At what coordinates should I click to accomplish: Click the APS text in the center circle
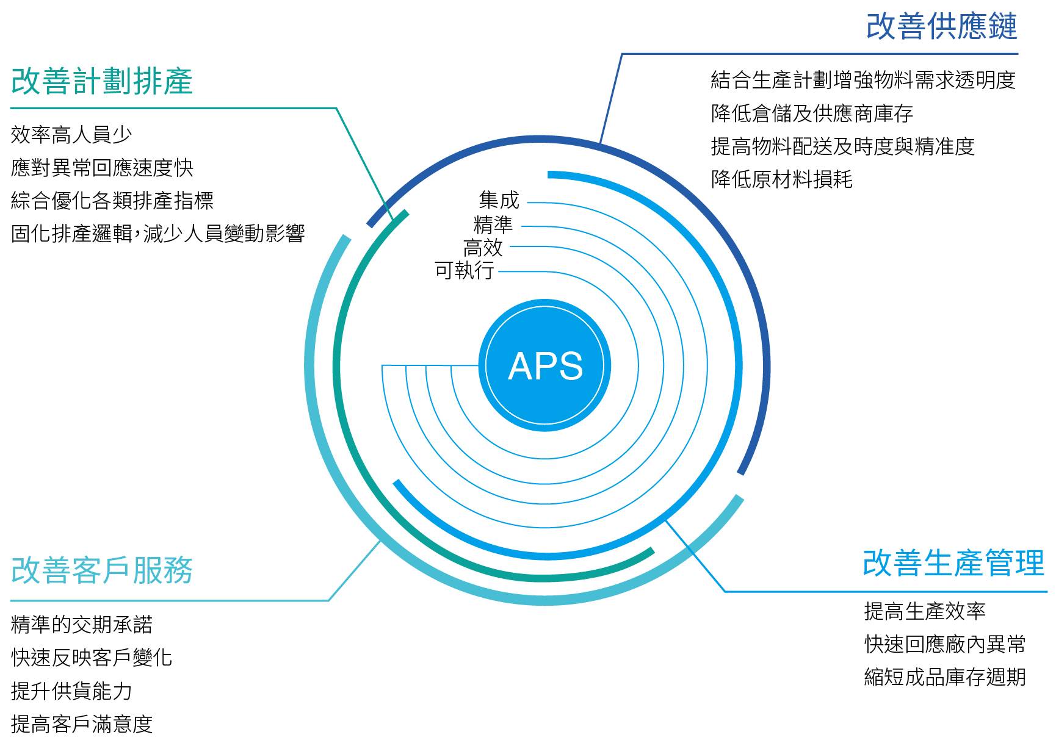click(x=545, y=366)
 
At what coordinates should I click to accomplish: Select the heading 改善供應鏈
click(x=941, y=27)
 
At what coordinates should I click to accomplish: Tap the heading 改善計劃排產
click(x=102, y=81)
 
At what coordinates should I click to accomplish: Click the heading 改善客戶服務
click(x=102, y=570)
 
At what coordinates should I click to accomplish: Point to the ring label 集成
click(x=499, y=200)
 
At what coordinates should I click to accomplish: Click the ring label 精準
click(x=493, y=224)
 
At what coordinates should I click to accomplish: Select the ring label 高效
click(x=483, y=248)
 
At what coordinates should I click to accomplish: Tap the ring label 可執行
click(x=464, y=270)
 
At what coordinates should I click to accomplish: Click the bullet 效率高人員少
click(x=71, y=135)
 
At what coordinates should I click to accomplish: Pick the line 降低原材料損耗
click(x=781, y=179)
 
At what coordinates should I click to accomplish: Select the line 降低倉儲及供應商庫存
click(x=812, y=113)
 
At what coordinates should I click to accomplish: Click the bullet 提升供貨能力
click(x=71, y=691)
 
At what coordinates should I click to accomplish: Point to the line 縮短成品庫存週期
click(x=944, y=677)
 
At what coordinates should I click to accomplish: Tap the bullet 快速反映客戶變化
click(x=92, y=658)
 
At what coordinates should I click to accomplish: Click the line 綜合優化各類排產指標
click(x=112, y=201)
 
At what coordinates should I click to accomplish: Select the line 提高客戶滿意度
click(x=82, y=724)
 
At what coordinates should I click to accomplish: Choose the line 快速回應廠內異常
click(x=944, y=644)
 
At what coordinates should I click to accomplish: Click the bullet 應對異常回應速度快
click(x=102, y=168)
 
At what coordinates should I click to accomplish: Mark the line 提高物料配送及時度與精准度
click(x=842, y=146)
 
